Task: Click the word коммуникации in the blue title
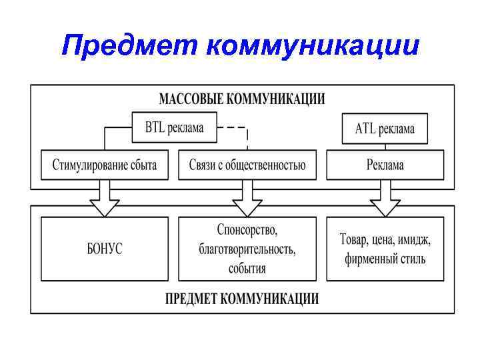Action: tap(313, 45)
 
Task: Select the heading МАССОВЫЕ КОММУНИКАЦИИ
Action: tap(241, 99)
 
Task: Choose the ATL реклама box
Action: tap(384, 129)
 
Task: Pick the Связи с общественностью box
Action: tap(247, 164)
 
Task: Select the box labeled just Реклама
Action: tap(385, 164)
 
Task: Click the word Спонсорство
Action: tap(247, 231)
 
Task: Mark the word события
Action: tap(247, 268)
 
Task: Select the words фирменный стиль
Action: tap(385, 259)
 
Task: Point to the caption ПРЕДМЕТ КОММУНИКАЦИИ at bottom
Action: tap(241, 298)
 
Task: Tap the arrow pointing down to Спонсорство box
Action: tap(247, 198)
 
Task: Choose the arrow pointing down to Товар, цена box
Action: tap(385, 198)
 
